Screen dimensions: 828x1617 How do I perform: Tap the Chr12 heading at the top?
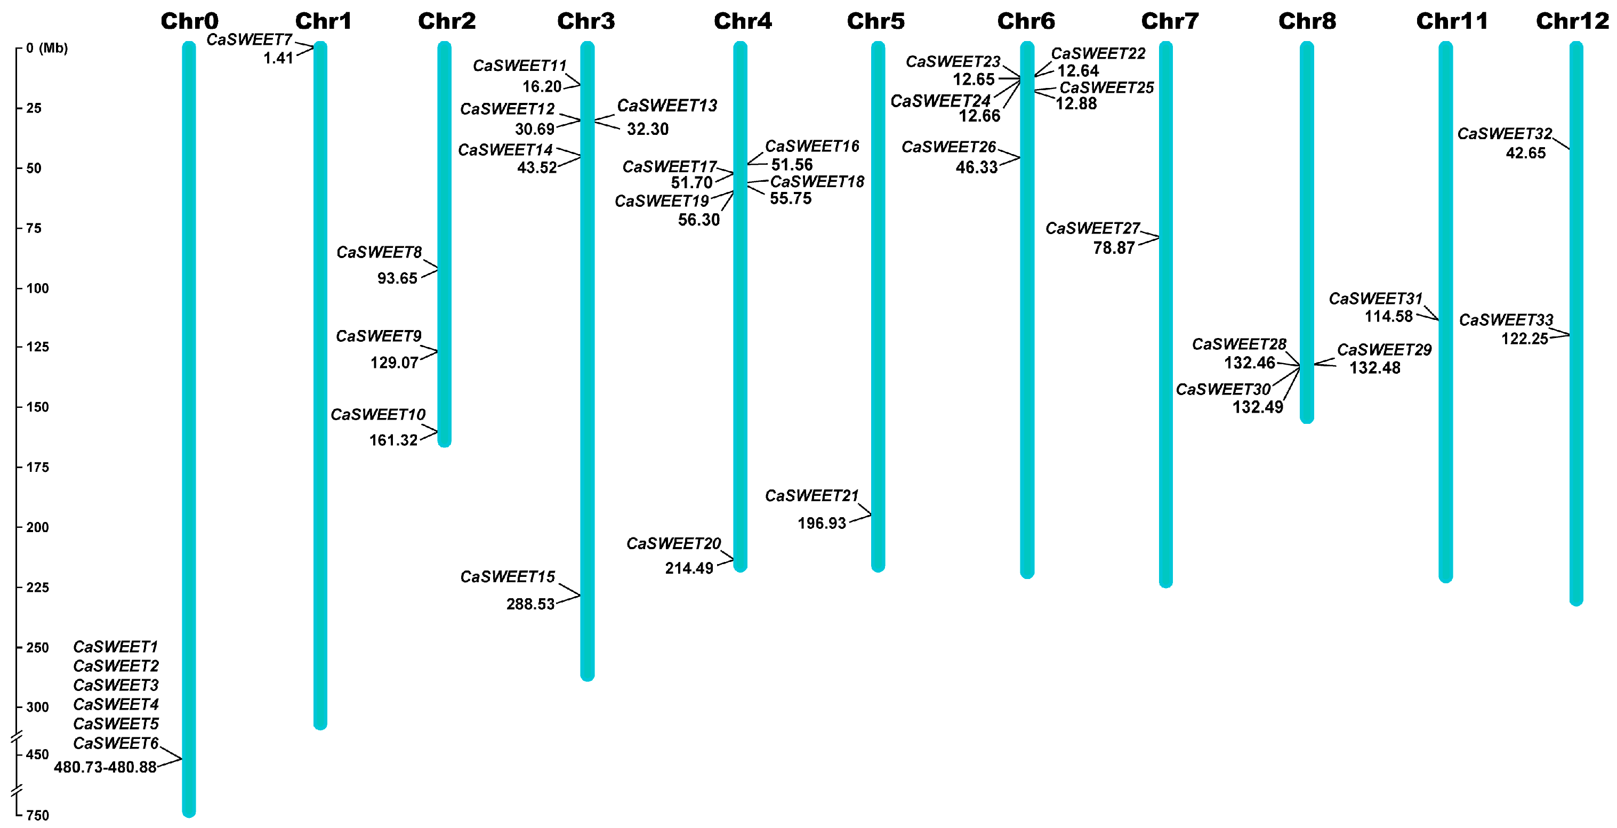(x=1572, y=21)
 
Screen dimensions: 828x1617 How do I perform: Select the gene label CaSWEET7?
(x=249, y=39)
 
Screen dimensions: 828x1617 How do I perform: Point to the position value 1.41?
(x=278, y=58)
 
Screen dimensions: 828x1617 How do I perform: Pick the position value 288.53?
(x=530, y=604)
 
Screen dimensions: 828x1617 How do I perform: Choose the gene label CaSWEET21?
(x=811, y=496)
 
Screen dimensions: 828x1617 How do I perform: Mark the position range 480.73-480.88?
(x=105, y=767)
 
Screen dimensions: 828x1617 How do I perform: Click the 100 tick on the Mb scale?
(x=37, y=288)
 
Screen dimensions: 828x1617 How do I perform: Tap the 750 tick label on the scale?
(x=37, y=815)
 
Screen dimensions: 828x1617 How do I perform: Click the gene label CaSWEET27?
(x=1092, y=229)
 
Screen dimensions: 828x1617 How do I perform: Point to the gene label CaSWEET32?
(x=1504, y=134)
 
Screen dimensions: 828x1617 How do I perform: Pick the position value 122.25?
(x=1524, y=339)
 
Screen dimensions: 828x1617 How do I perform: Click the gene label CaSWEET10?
(x=378, y=415)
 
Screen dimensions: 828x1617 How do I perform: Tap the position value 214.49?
(x=689, y=568)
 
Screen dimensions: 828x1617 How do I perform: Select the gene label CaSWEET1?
(x=116, y=647)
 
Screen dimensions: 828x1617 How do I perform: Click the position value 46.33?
(x=976, y=167)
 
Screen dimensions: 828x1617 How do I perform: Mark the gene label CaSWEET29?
(x=1383, y=350)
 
